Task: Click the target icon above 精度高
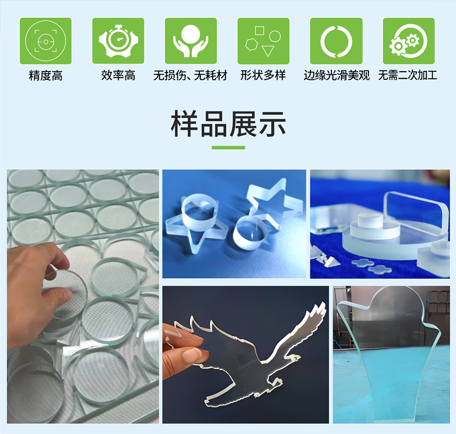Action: point(46,41)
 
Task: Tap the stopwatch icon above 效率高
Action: point(118,41)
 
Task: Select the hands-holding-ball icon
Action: point(191,41)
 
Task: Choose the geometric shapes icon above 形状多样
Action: point(264,41)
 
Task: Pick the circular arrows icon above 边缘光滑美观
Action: point(336,41)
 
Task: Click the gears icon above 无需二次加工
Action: point(409,41)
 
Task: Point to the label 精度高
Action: point(46,76)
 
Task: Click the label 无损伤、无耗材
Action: point(191,76)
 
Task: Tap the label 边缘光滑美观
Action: point(337,76)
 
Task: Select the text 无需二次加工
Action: point(408,76)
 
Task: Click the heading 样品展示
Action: point(228,124)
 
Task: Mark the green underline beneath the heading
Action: point(228,148)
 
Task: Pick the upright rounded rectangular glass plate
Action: point(415,215)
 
